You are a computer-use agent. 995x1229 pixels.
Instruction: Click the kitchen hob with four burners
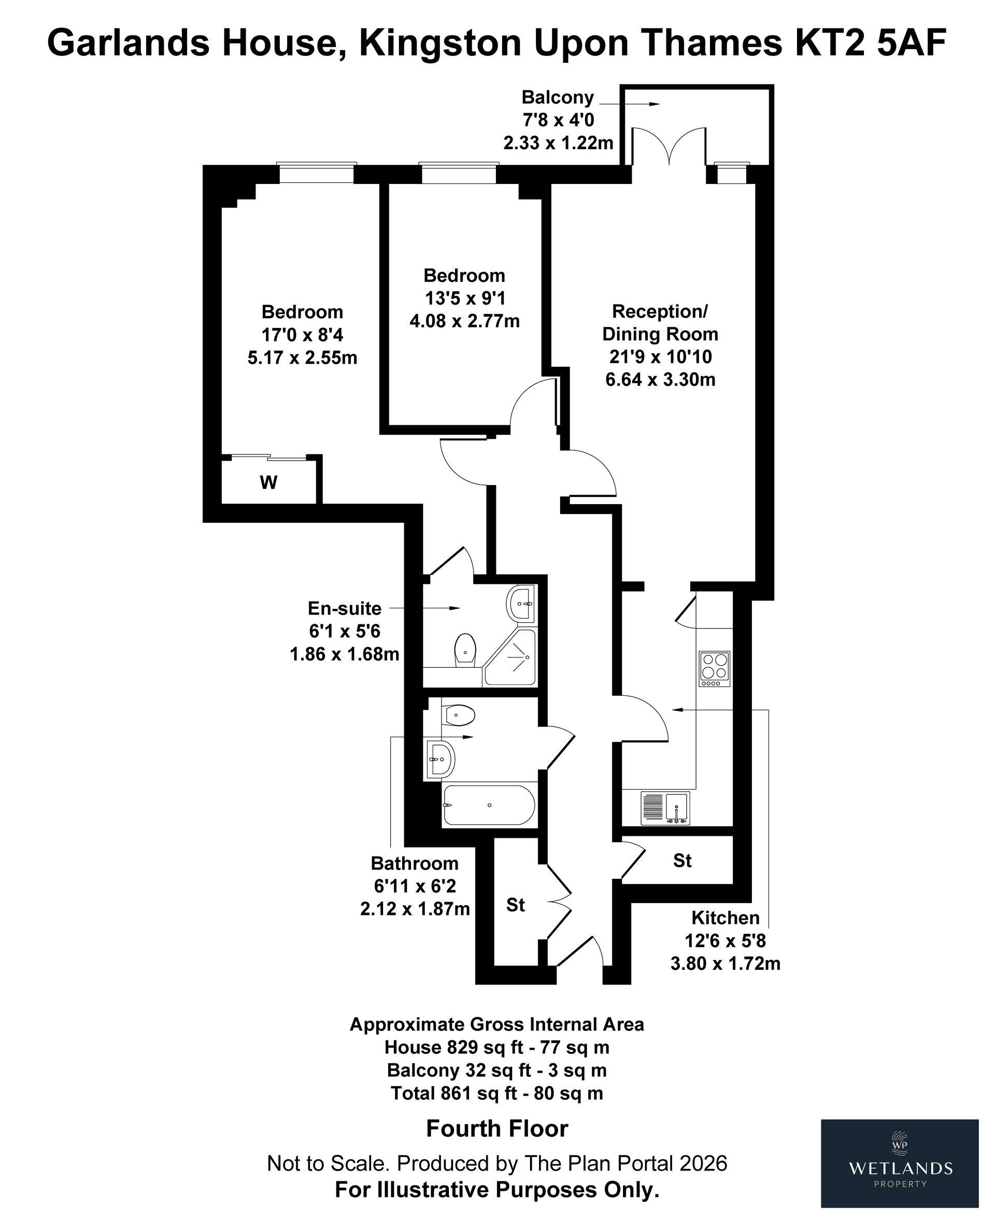[714, 669]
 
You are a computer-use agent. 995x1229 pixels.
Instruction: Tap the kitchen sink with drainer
[665, 807]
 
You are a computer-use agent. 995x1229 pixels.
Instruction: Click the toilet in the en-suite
[465, 650]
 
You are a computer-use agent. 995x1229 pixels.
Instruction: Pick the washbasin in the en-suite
[521, 602]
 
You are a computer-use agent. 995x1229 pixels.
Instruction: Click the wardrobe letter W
[269, 482]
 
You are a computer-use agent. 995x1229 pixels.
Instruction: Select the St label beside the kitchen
[682, 861]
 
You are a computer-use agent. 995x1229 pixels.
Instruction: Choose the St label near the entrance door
[515, 905]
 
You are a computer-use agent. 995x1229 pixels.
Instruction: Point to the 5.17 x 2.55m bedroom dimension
[303, 358]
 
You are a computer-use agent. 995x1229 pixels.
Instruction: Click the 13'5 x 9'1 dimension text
[465, 298]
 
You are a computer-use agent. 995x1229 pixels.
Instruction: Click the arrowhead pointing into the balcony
[655, 104]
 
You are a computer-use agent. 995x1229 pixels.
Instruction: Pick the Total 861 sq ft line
[497, 1093]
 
